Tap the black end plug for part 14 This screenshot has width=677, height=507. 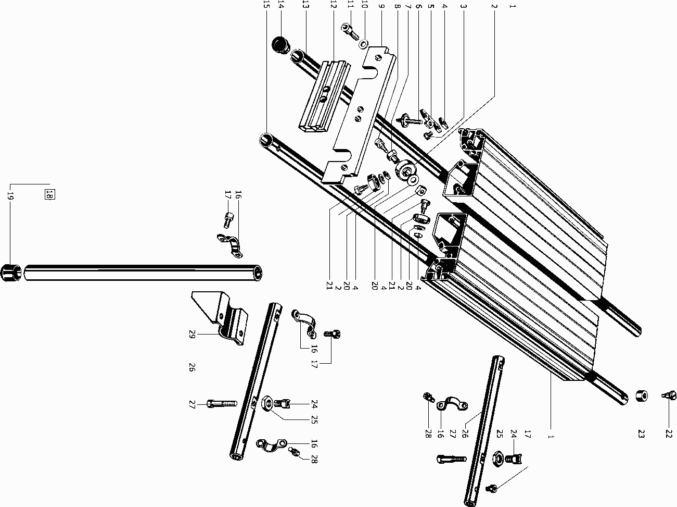(x=282, y=44)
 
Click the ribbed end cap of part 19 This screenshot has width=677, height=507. (x=12, y=273)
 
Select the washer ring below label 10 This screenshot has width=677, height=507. (x=363, y=41)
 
